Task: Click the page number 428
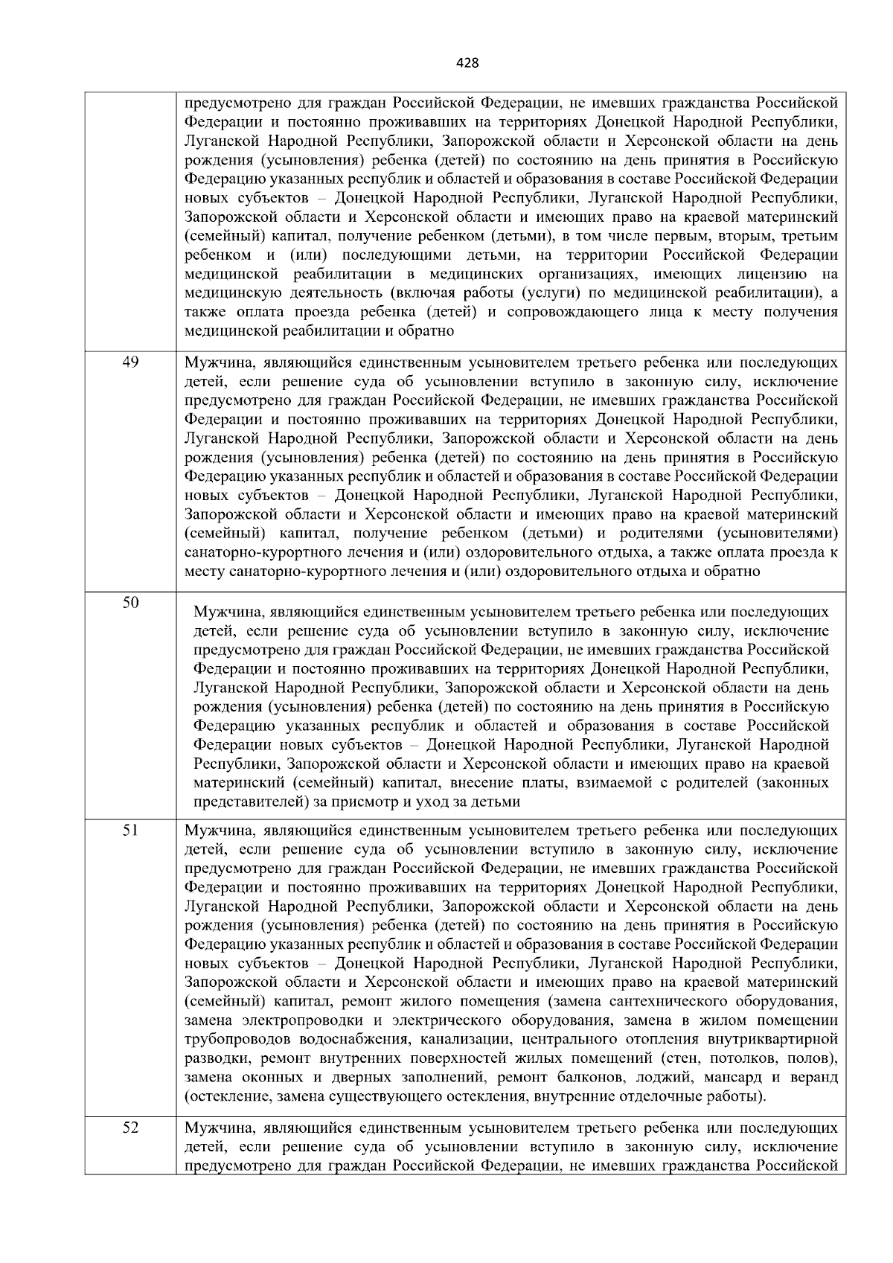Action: pyautogui.click(x=467, y=63)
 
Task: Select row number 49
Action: pyautogui.click(x=130, y=362)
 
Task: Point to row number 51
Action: pyautogui.click(x=130, y=830)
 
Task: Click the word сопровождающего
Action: pyautogui.click(x=572, y=311)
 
